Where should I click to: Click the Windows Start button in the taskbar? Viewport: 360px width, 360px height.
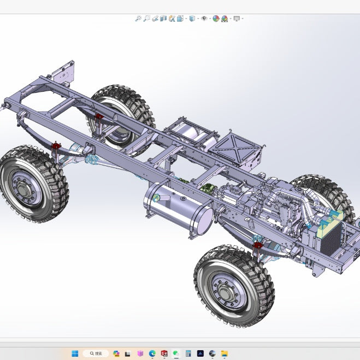pos(75,353)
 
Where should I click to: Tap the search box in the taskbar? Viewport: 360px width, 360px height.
pos(96,353)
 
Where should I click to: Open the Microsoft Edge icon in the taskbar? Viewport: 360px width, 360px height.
pos(152,353)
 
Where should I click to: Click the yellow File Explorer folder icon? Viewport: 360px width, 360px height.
pos(224,353)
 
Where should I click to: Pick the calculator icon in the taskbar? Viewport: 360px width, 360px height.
pos(188,353)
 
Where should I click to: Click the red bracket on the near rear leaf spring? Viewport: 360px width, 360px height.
pos(257,246)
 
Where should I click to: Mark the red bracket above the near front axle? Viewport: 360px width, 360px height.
pos(55,146)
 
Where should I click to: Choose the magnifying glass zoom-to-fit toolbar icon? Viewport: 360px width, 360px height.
pos(138,19)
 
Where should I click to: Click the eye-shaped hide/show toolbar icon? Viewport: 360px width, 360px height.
pos(204,19)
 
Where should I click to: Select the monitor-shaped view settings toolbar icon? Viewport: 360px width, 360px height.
pos(237,19)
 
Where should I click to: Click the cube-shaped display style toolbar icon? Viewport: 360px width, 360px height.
pos(192,19)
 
